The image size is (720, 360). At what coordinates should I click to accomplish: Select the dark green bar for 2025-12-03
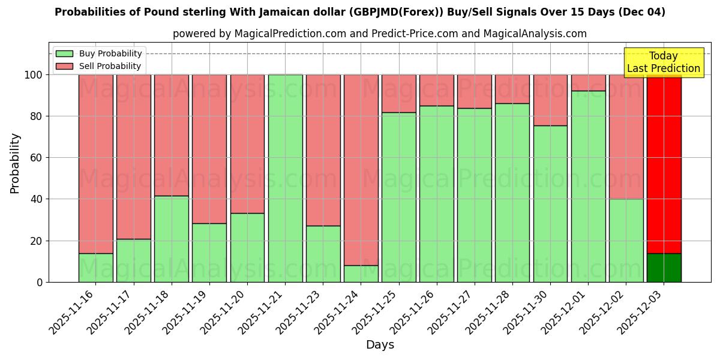coord(664,268)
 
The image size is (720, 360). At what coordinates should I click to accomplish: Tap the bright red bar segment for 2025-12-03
coord(664,162)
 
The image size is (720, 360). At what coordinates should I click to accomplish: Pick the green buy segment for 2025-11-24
coord(361,274)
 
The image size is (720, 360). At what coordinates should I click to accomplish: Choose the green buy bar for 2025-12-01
coord(588,186)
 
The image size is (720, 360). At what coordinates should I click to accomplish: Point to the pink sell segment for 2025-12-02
coord(626,137)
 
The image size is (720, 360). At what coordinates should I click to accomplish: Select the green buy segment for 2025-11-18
coord(171,239)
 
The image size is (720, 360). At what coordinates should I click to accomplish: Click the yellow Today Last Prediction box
coord(663,62)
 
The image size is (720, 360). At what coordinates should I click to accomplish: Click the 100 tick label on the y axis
coord(34,75)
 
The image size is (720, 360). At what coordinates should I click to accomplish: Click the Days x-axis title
coord(380,345)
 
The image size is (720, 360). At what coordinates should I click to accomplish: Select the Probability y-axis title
coord(15,163)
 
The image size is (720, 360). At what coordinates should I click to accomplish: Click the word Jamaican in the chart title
coord(285,12)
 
